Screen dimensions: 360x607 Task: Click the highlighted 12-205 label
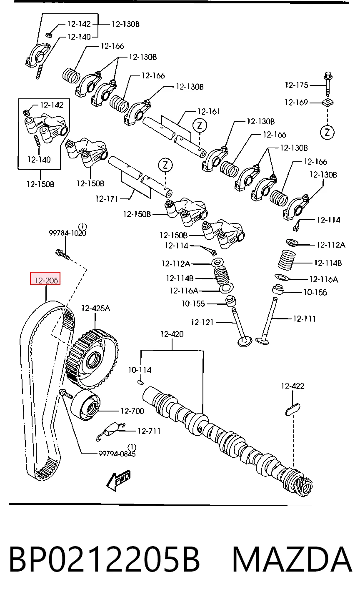45,278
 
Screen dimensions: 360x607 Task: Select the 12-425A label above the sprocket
95,309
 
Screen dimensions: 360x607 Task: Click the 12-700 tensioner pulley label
132,411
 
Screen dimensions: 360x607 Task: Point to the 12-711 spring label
149,431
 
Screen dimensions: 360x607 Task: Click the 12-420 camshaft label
172,334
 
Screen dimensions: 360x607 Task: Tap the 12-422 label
292,386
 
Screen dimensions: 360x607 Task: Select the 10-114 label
140,370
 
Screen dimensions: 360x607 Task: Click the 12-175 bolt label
296,85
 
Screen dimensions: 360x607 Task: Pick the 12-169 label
296,103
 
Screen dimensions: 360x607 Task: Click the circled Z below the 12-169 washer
327,133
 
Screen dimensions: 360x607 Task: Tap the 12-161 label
209,111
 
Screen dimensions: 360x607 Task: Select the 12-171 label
107,199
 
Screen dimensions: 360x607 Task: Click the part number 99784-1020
67,233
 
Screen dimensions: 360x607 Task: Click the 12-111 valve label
304,319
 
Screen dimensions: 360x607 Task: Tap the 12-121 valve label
202,322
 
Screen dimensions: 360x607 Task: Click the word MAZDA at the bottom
292,560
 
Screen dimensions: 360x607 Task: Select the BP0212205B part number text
105,560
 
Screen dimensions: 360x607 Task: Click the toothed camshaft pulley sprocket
92,359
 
